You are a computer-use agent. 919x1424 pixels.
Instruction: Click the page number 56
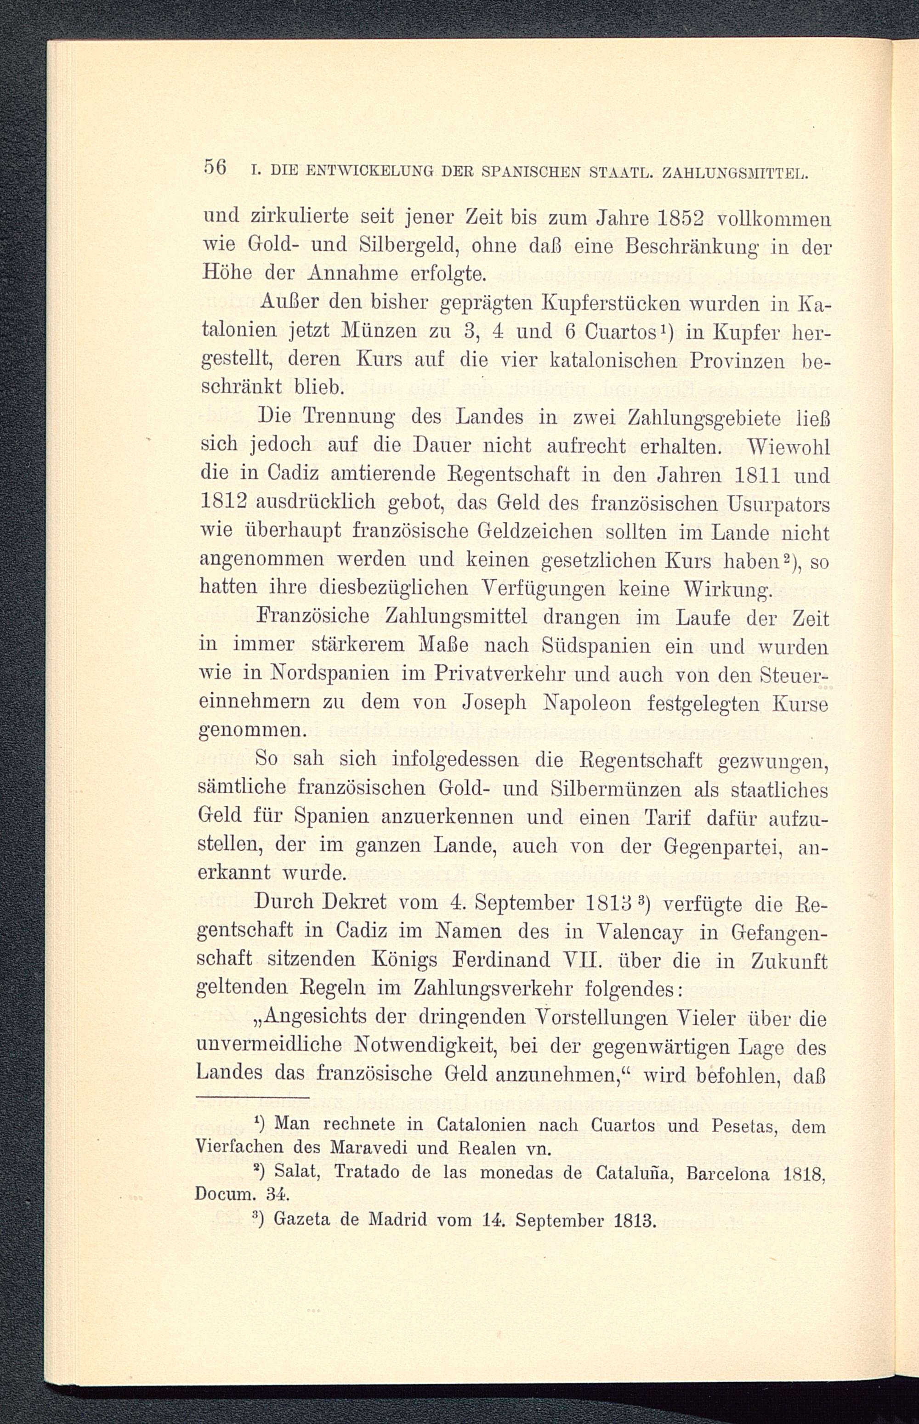(x=214, y=167)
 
